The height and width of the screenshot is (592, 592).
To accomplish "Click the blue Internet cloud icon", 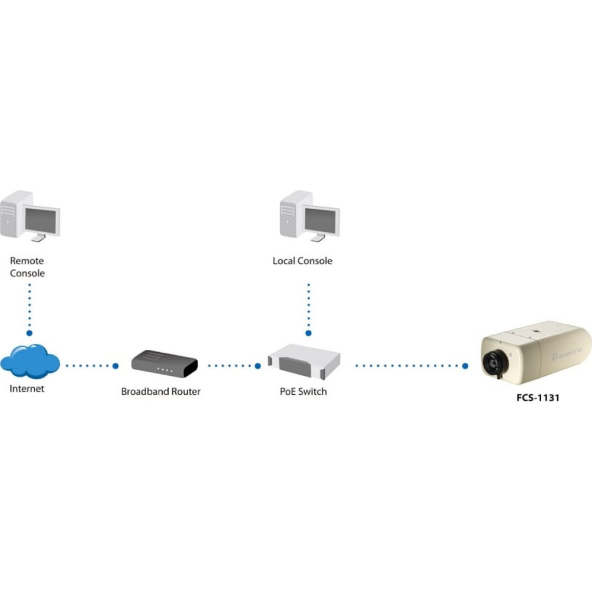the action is pyautogui.click(x=30, y=361).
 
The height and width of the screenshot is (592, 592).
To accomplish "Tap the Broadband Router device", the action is pyautogui.click(x=165, y=363).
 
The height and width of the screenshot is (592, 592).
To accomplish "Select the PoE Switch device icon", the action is pyautogui.click(x=304, y=361).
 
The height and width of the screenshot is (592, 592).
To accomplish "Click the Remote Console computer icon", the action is pyautogui.click(x=30, y=216).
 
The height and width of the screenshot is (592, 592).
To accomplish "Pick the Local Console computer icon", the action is pyautogui.click(x=310, y=216).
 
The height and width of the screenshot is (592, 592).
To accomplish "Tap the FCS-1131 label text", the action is pyautogui.click(x=538, y=398).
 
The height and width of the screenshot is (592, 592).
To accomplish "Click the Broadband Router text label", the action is pyautogui.click(x=161, y=391).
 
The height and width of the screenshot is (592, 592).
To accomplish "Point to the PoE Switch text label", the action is pyautogui.click(x=303, y=391).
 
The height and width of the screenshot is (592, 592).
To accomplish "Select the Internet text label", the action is pyautogui.click(x=27, y=388).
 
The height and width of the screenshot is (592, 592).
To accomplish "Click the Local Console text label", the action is pyautogui.click(x=303, y=261).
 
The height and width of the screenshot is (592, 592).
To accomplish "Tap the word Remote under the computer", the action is pyautogui.click(x=27, y=261).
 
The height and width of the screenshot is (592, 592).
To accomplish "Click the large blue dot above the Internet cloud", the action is pyautogui.click(x=30, y=333).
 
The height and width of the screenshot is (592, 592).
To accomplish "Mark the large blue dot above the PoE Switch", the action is pyautogui.click(x=308, y=333).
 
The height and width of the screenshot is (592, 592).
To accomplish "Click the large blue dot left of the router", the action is pyautogui.click(x=115, y=366).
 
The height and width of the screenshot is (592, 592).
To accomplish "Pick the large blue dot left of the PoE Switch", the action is pyautogui.click(x=258, y=366).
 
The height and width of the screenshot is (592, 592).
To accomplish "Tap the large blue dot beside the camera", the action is pyautogui.click(x=465, y=366).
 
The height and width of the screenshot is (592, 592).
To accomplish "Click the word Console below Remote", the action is pyautogui.click(x=27, y=274).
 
